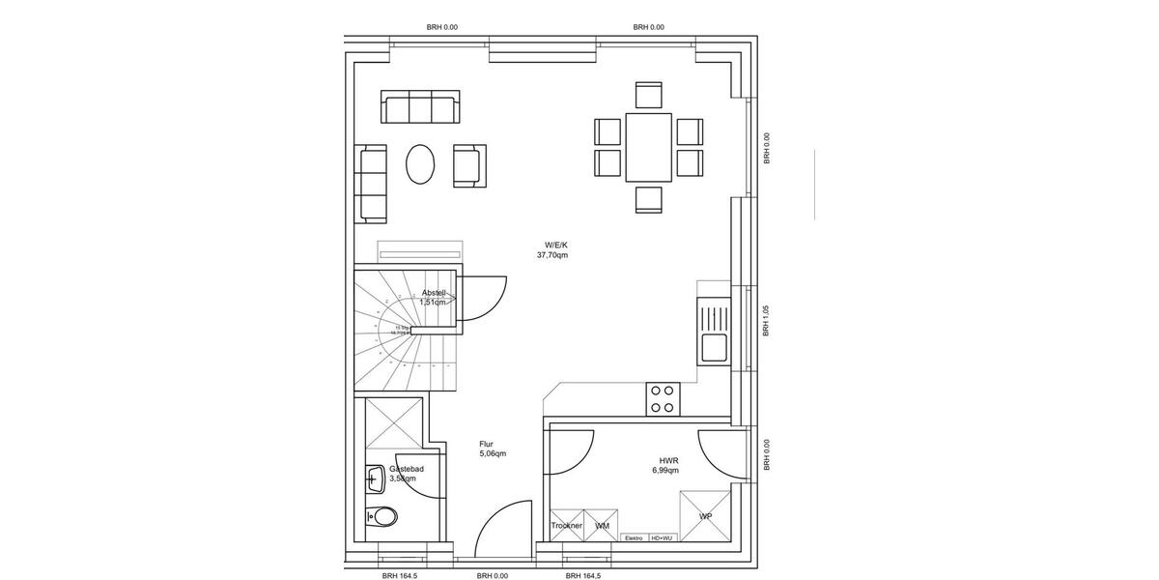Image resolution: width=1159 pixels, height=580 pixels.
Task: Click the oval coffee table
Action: click(x=420, y=164)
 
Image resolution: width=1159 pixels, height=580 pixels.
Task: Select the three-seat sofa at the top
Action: click(x=420, y=107)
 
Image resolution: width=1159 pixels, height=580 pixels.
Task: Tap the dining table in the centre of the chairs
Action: click(x=648, y=147)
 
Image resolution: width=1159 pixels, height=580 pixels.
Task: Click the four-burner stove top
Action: click(x=662, y=399)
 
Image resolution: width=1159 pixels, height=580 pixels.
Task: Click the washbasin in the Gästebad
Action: click(x=375, y=477)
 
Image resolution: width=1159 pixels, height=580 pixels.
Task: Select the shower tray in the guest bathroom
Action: click(x=392, y=422)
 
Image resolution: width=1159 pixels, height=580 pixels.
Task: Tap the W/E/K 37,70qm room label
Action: click(x=553, y=250)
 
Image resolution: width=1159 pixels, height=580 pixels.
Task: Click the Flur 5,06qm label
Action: click(x=492, y=449)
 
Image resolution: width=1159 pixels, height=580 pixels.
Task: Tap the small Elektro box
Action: click(x=634, y=538)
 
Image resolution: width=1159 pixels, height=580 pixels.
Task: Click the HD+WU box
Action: click(x=663, y=538)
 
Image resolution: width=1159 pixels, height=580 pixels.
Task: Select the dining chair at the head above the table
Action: click(x=648, y=95)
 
